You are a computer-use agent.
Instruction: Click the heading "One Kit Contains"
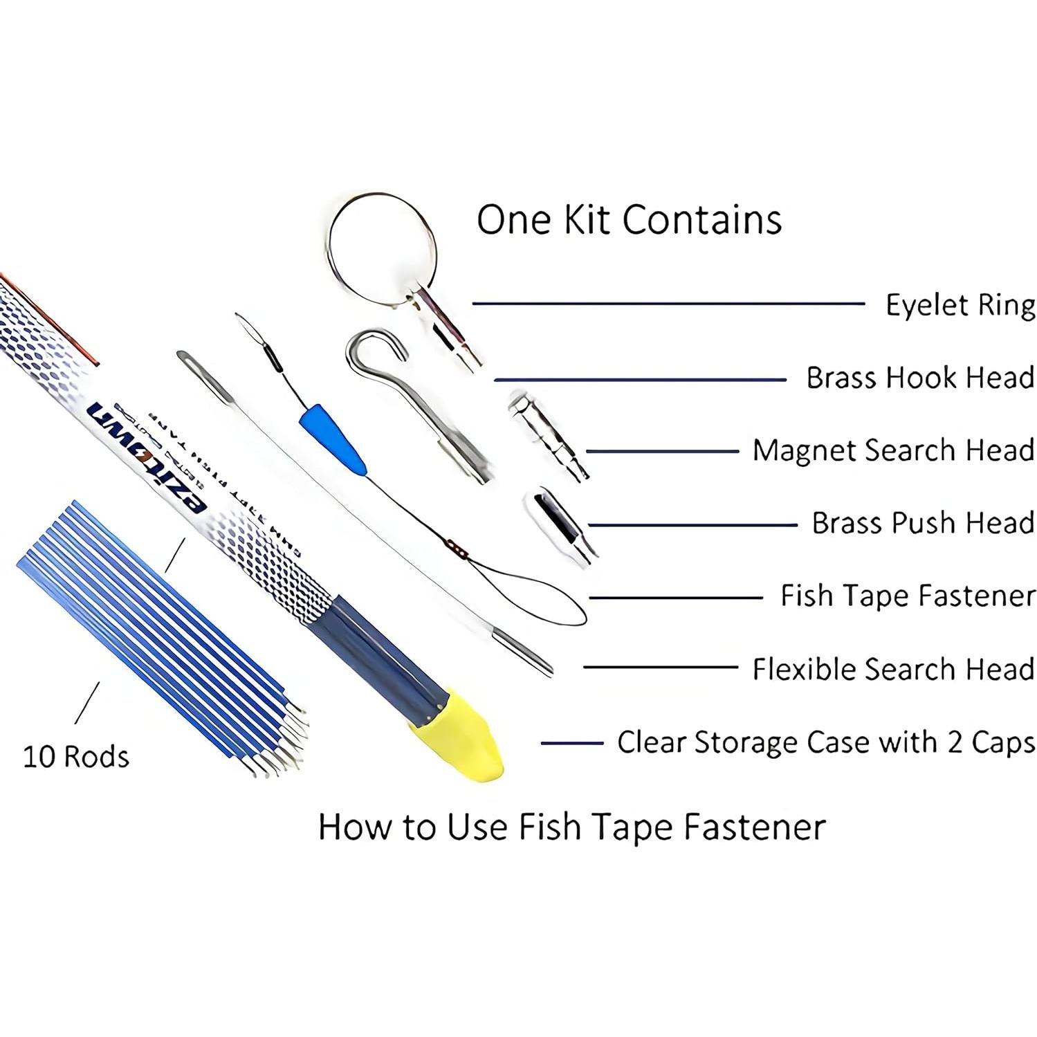pos(629,220)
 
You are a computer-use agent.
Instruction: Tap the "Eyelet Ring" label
pos(960,305)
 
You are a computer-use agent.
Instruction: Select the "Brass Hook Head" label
pos(919,378)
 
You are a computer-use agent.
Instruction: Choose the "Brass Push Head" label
pos(922,523)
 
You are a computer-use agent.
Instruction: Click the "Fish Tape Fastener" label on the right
pos(907,596)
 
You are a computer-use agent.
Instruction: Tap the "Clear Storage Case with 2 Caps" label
pos(825,742)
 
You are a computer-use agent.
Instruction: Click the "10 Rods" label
pos(76,756)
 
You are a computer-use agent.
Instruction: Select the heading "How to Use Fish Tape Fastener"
pos(571,827)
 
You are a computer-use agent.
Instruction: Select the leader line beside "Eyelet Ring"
pos(668,303)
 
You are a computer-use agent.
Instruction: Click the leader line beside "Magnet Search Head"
pos(663,452)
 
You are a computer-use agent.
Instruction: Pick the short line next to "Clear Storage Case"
pos(571,744)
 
